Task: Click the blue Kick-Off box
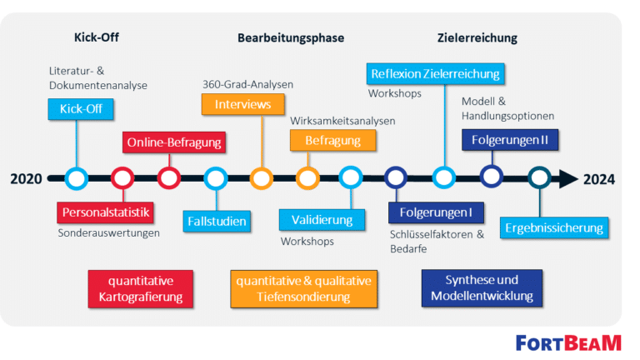coord(81,109)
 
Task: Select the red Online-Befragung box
coord(174,142)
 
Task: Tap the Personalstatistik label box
coord(105,212)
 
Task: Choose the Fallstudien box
coord(217,221)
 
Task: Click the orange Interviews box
coord(242,104)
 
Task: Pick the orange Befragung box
coord(332,140)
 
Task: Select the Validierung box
coord(322,220)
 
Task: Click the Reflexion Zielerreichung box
coord(435,74)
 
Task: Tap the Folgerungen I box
coord(436,212)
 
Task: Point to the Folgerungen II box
coord(510,140)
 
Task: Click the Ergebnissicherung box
coord(554,227)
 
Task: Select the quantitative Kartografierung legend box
coord(140,289)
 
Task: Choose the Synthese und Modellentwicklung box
coord(482,288)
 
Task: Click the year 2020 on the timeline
coord(26,179)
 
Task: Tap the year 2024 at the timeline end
coord(599,179)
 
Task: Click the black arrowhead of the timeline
coord(568,179)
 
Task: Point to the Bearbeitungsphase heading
coord(291,38)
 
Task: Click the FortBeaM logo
coord(568,343)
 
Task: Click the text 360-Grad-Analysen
coord(248,84)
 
